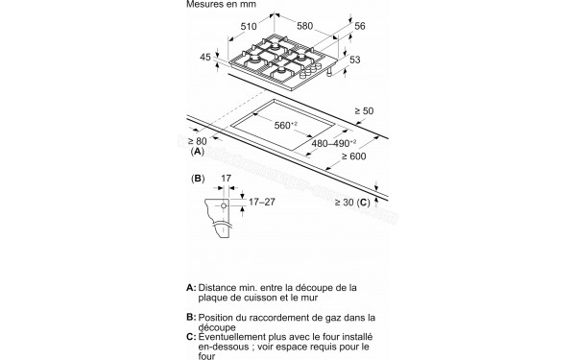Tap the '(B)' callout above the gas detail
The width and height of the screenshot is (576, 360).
pyautogui.click(x=200, y=179)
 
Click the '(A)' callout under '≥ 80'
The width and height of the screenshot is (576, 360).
pyautogui.click(x=198, y=153)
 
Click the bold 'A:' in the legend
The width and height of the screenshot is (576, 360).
pyautogui.click(x=191, y=287)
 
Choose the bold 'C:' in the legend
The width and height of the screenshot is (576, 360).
pyautogui.click(x=191, y=337)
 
